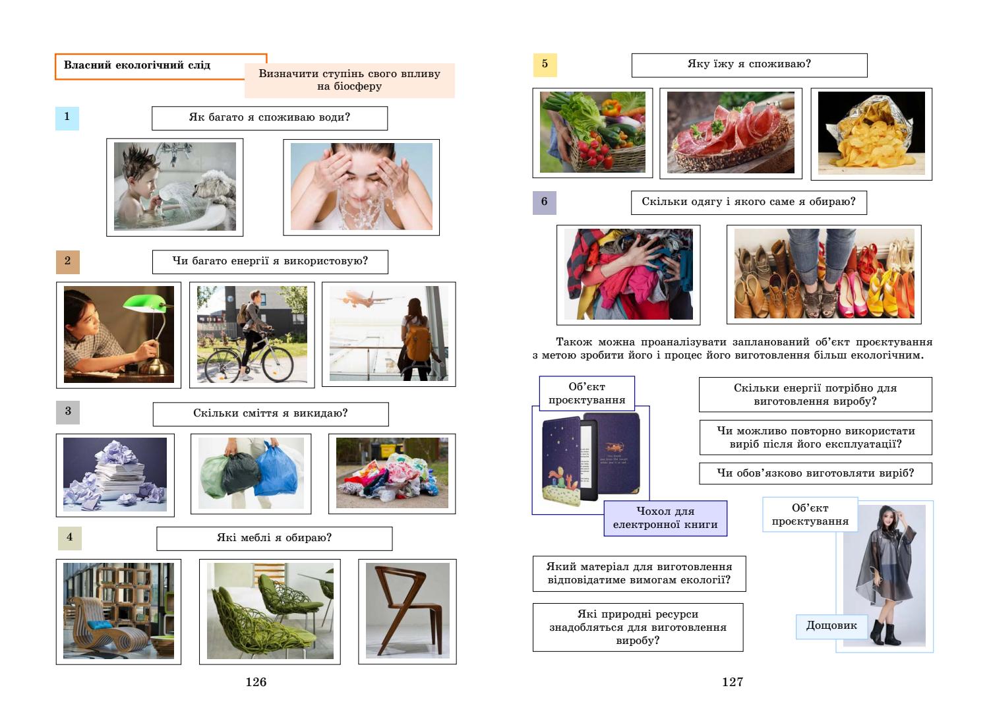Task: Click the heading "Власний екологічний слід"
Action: click(x=137, y=65)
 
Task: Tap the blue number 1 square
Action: click(x=67, y=117)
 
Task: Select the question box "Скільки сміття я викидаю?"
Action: click(x=270, y=414)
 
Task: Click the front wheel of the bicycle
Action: click(x=282, y=361)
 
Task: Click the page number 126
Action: click(x=256, y=682)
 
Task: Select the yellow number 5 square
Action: click(x=545, y=64)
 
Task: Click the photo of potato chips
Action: click(x=871, y=134)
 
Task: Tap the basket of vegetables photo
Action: click(x=592, y=132)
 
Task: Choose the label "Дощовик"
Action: click(x=831, y=625)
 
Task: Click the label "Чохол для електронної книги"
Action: click(x=665, y=518)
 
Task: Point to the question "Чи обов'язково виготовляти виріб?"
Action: click(x=816, y=473)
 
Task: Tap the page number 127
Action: click(x=733, y=682)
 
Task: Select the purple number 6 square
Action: click(x=544, y=202)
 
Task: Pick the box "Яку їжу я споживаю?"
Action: click(x=749, y=65)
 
